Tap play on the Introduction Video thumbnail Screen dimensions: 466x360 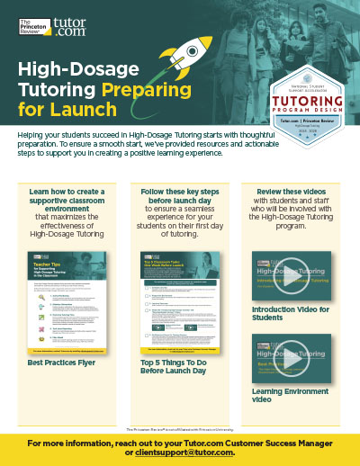289,277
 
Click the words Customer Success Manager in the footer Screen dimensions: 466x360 265,441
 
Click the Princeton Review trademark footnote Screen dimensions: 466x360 180,428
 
